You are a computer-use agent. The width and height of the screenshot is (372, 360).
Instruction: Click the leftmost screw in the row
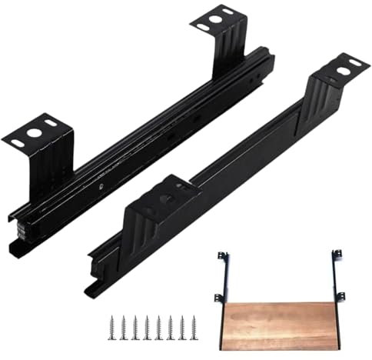pos(113,323)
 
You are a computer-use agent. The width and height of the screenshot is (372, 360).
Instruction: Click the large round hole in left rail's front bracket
pos(34,132)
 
